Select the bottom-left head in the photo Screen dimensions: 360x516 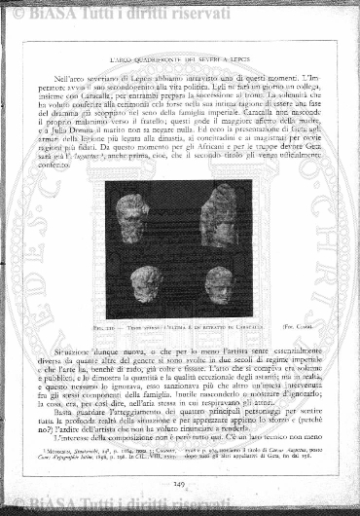point(146,282)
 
